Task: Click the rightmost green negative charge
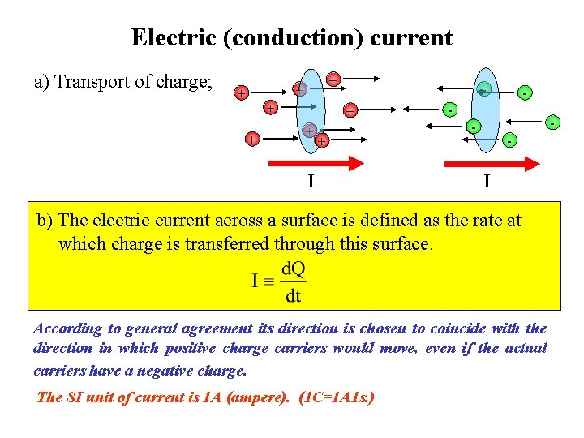click(x=552, y=123)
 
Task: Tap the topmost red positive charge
click(x=333, y=79)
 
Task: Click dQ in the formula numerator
click(x=294, y=268)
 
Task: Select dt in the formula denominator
click(x=293, y=296)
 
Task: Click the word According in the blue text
click(x=67, y=328)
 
